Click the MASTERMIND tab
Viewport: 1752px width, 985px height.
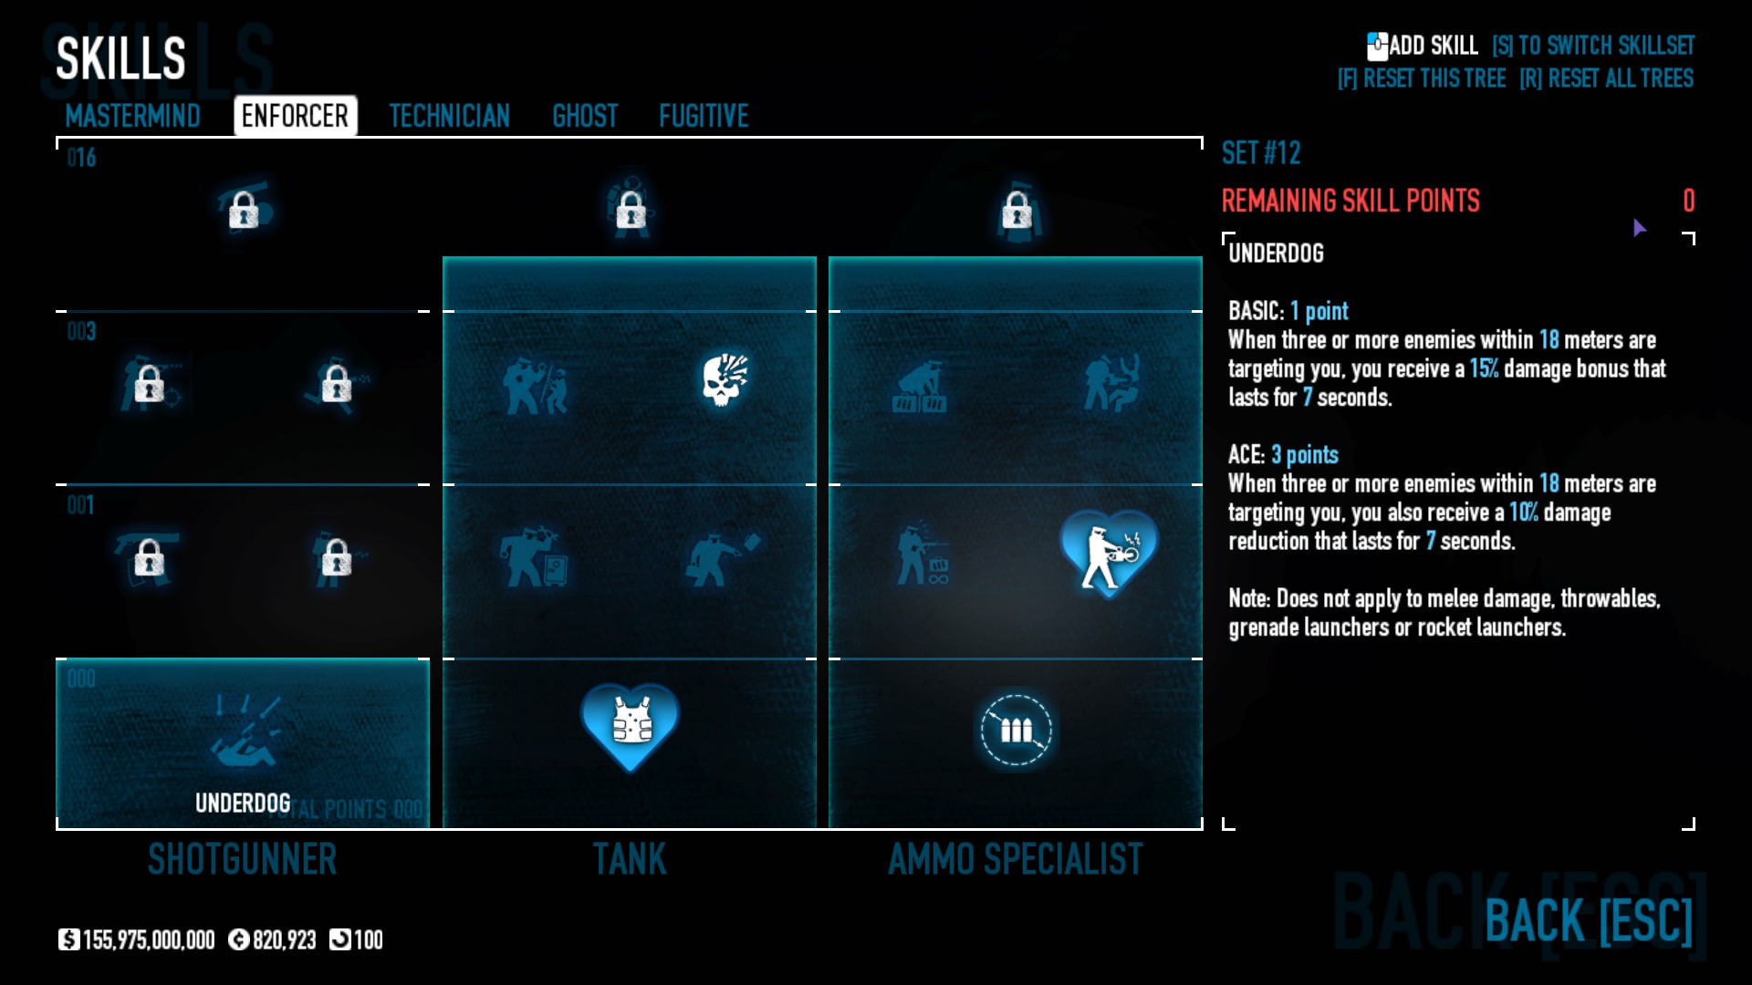[x=132, y=116]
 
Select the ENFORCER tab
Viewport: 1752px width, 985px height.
[x=295, y=116]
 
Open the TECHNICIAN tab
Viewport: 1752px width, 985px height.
[x=449, y=116]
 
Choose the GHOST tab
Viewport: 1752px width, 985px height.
[x=585, y=116]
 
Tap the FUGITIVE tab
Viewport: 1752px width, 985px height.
[x=704, y=116]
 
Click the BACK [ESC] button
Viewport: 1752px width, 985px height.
[x=1588, y=920]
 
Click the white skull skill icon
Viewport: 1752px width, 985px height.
[x=725, y=379]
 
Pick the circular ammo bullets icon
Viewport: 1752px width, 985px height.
[x=1016, y=730]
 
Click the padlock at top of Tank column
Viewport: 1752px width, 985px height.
[x=631, y=211]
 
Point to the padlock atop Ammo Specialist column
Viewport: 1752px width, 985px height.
[x=1017, y=211]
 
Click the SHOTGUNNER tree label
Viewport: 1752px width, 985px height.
[x=243, y=859]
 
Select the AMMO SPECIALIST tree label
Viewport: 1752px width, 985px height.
[x=1015, y=859]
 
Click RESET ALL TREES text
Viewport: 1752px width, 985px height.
[x=1606, y=78]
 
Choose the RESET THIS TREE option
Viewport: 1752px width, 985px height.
[x=1422, y=78]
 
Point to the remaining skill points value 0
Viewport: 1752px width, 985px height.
[x=1688, y=201]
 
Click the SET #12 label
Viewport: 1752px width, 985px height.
[x=1261, y=153]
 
